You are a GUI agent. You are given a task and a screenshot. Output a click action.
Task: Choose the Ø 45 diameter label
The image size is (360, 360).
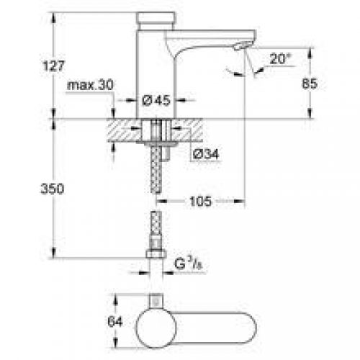point(155,101)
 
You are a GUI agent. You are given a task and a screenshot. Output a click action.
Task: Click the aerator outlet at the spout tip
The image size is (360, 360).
point(243,47)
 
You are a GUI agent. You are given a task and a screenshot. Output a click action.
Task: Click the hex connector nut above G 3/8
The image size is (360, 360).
point(155,255)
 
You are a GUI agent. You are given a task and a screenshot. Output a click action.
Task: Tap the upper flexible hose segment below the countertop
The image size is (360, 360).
point(155,173)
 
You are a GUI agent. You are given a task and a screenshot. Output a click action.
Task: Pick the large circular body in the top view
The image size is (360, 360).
point(155,323)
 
